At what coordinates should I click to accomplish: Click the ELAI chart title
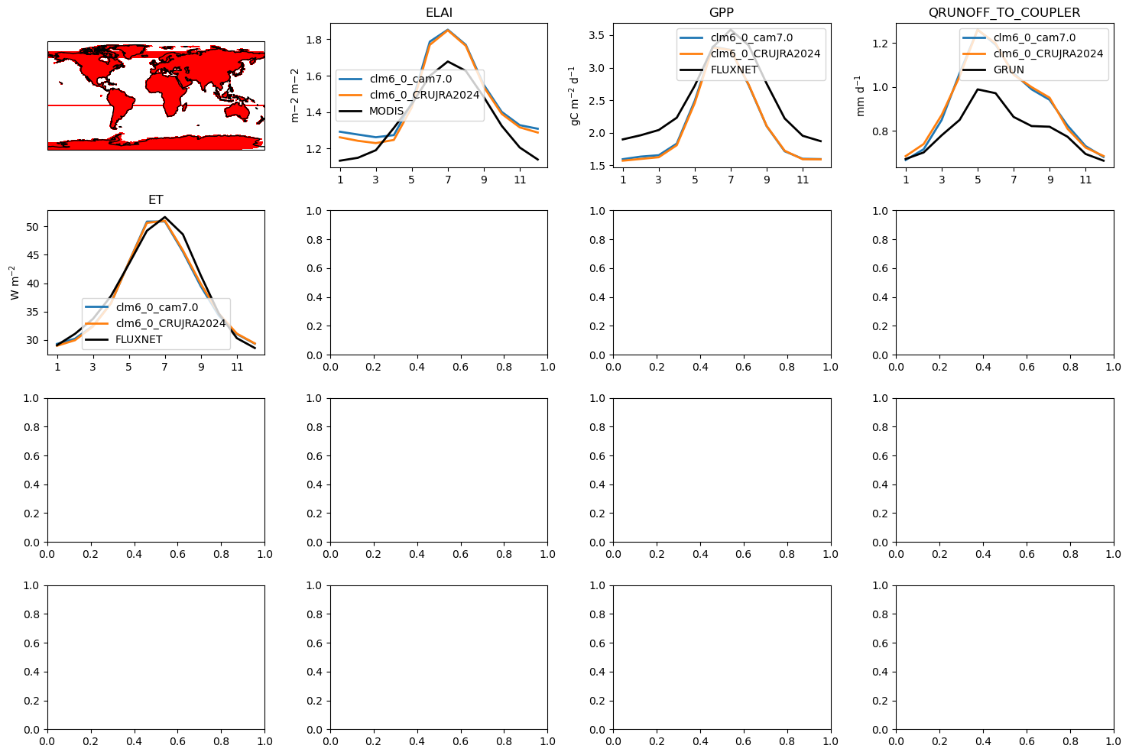click(x=439, y=12)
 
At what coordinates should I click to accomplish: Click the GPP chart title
click(x=722, y=12)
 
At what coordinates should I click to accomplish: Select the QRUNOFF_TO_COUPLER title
click(x=1004, y=12)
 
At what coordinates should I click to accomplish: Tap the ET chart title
click(x=156, y=199)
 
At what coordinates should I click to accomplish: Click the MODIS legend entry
click(x=386, y=111)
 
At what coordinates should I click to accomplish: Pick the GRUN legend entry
click(x=1008, y=70)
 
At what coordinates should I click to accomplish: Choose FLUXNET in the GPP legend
click(x=734, y=70)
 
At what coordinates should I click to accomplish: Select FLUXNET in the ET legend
click(x=138, y=339)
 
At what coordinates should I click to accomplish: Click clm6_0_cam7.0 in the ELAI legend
click(x=410, y=79)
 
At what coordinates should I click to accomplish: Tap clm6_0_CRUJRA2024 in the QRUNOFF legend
click(x=1049, y=53)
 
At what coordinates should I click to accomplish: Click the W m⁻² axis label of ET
click(x=14, y=283)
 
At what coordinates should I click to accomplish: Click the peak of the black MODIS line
click(x=448, y=61)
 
